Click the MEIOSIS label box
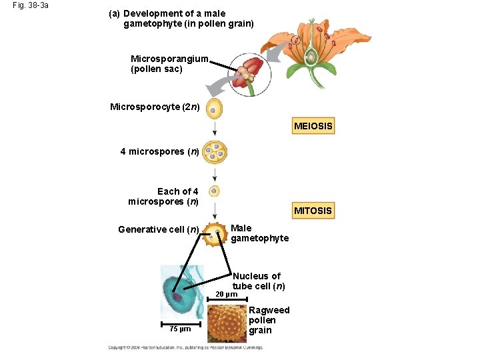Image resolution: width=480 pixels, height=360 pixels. [313, 126]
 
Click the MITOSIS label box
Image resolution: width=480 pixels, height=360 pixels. [313, 211]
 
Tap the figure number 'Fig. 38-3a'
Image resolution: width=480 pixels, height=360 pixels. [31, 5]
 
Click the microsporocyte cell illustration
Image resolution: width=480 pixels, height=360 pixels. [213, 109]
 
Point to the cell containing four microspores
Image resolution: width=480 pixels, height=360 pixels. [215, 153]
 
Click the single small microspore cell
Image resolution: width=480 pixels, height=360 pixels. [214, 191]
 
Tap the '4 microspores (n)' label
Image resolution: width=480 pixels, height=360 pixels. [159, 151]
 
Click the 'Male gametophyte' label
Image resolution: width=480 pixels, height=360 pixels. [259, 233]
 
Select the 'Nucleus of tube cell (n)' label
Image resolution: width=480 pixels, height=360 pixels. [257, 281]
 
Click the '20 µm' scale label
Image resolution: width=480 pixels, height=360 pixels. [227, 295]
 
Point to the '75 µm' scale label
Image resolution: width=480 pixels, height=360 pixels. [179, 329]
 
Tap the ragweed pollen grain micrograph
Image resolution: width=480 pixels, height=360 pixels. [227, 323]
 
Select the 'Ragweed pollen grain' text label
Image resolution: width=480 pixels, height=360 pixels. [269, 320]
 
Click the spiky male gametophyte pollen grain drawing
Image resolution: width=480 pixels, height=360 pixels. [215, 235]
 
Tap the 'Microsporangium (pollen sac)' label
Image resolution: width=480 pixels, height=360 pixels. [169, 64]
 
